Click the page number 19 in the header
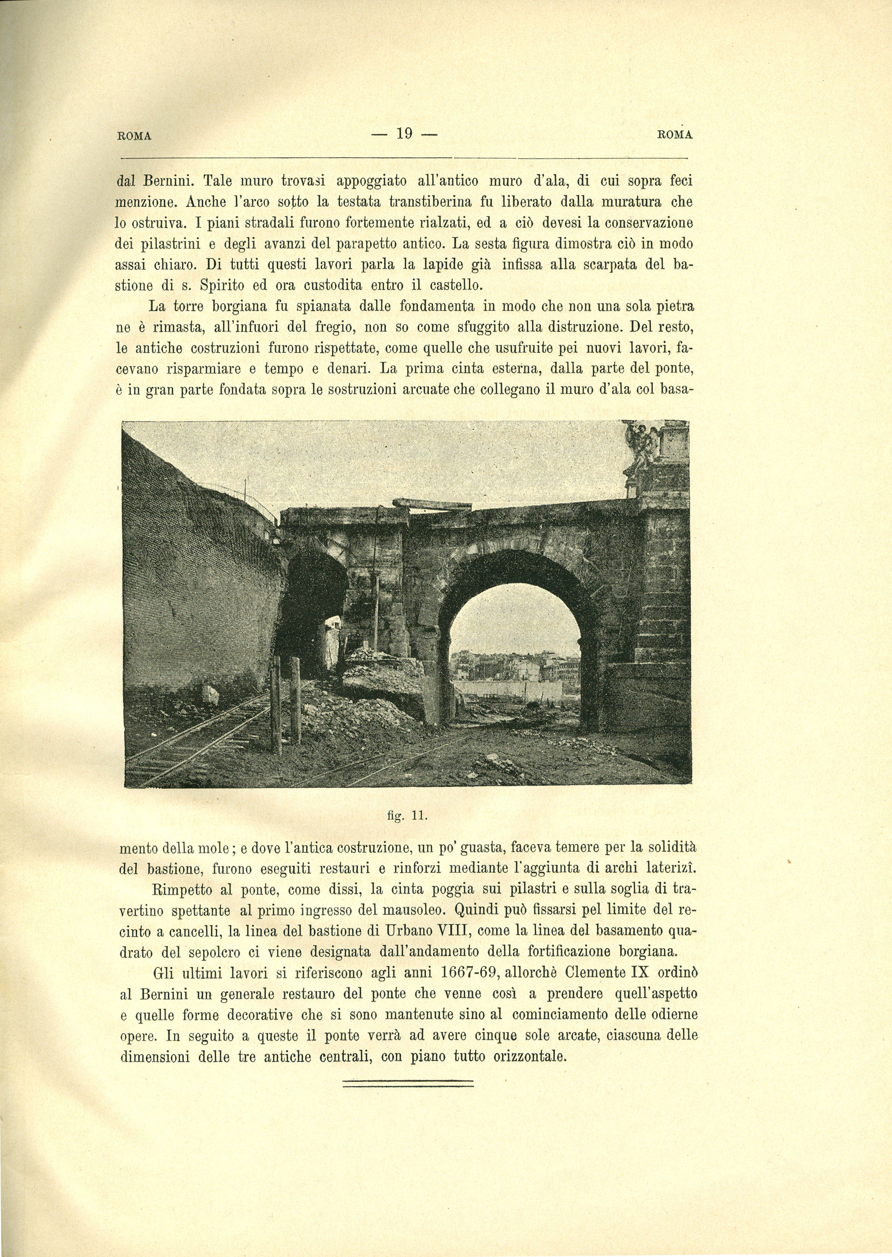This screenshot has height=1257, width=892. point(404,134)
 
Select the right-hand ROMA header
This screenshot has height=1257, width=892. point(674,134)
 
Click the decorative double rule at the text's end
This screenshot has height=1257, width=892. point(407,1082)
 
